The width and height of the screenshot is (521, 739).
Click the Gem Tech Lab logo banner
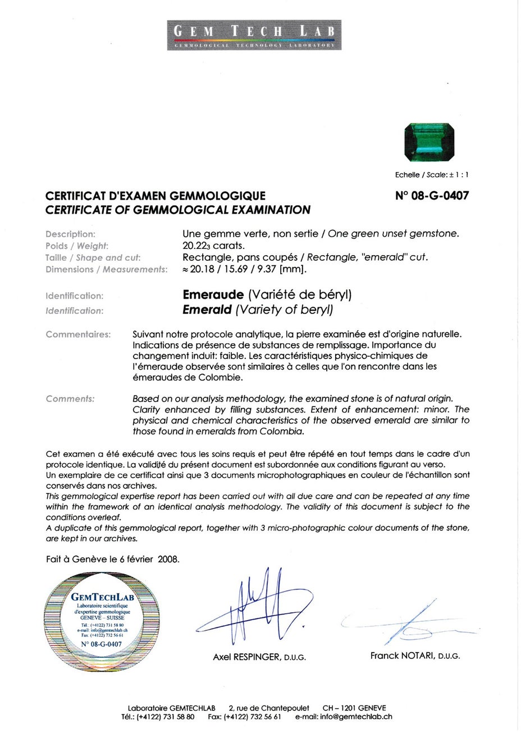point(254,35)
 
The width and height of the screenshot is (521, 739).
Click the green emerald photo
point(429,142)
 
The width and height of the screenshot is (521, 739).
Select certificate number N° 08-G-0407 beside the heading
point(432,196)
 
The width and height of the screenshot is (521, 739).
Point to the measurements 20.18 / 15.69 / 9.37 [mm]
point(245,269)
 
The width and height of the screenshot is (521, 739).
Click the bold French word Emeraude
point(213,294)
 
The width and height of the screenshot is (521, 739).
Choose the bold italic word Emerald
point(207,310)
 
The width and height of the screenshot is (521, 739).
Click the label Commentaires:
point(78,334)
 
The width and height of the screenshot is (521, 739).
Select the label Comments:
point(70,399)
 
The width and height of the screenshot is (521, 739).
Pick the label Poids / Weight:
point(77,246)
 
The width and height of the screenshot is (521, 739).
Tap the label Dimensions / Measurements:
point(107,269)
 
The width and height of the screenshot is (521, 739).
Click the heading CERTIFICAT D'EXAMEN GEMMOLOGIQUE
point(156,196)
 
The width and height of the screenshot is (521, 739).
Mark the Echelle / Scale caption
point(431,175)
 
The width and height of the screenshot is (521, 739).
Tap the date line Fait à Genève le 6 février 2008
point(113,559)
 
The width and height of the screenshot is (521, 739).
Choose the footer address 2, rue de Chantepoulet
point(269,708)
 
